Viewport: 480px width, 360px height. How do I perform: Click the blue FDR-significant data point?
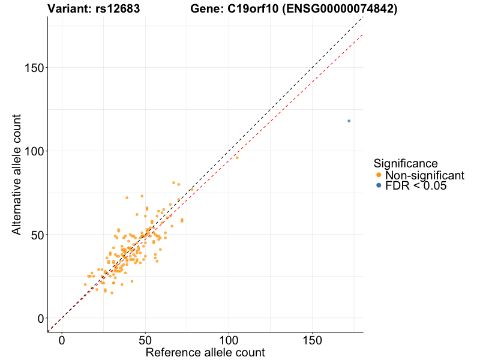coord(349,121)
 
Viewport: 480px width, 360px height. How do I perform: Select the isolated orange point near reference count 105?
coord(237,157)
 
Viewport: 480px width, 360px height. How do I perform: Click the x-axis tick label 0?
coord(62,340)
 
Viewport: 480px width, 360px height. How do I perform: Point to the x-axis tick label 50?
coord(145,340)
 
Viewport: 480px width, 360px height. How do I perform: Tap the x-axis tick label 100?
coord(229,340)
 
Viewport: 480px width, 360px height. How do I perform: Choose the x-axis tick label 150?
coord(312,340)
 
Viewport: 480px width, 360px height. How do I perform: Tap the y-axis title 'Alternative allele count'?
coord(17,174)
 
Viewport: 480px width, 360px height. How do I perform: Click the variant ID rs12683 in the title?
coord(118,9)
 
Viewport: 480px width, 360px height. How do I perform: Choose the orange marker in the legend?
coord(378,175)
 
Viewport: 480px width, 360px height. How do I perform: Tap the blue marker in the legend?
coord(378,186)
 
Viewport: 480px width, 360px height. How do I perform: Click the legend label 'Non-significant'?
coord(425,175)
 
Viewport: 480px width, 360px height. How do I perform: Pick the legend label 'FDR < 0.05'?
coord(416,186)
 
